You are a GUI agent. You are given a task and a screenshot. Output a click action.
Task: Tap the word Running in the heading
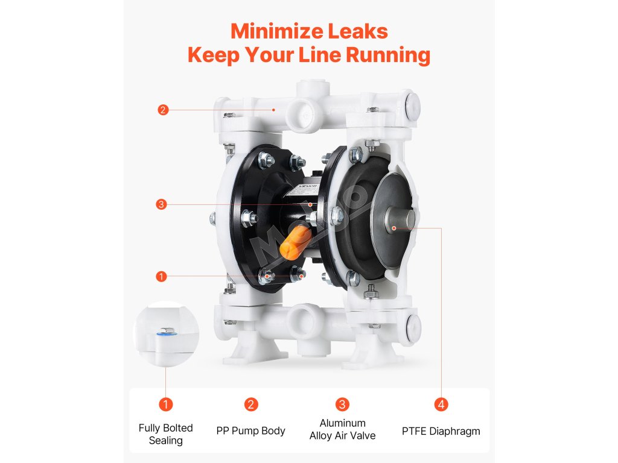(388, 55)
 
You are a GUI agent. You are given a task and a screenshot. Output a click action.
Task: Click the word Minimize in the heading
(277, 31)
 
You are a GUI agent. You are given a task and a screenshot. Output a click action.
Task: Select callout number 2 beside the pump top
(163, 110)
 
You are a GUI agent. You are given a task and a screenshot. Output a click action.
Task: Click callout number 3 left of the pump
(161, 204)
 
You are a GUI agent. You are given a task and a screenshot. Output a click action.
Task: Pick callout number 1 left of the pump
(161, 276)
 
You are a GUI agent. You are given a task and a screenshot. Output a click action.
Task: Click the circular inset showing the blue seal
(167, 334)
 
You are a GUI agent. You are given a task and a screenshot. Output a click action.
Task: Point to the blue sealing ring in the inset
(166, 334)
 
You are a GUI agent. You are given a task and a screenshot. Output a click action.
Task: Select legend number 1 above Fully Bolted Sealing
(165, 405)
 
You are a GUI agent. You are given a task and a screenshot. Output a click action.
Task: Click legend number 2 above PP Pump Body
(251, 405)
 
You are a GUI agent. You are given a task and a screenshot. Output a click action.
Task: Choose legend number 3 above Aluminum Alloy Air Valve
(342, 405)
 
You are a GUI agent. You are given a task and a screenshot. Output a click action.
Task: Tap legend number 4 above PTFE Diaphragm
(441, 405)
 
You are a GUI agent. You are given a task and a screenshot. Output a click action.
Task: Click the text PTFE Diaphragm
(441, 432)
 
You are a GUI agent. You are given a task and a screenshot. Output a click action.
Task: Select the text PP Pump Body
(250, 431)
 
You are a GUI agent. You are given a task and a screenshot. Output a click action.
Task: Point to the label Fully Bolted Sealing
(165, 434)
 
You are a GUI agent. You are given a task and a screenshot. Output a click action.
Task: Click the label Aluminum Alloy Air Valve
(343, 429)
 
